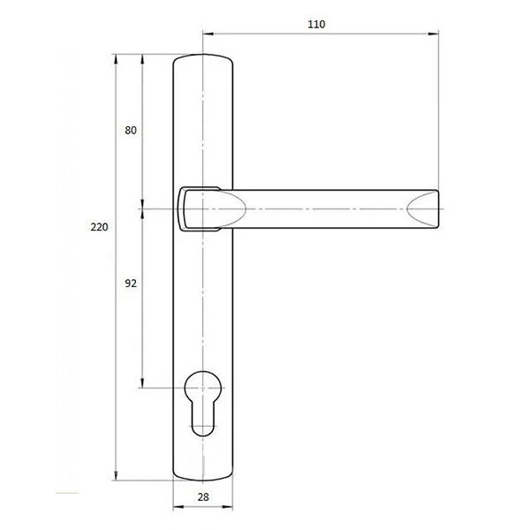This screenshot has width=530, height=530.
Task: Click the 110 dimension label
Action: pos(316,25)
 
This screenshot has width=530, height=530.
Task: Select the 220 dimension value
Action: pos(99,227)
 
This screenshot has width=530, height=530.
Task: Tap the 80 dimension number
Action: pos(131,130)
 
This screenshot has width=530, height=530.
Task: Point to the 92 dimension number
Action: pos(131,284)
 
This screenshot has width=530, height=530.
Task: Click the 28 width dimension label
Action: pos(203,496)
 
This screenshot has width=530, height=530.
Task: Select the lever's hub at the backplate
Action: pos(199,208)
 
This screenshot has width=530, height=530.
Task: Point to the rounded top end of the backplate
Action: pos(203,57)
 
